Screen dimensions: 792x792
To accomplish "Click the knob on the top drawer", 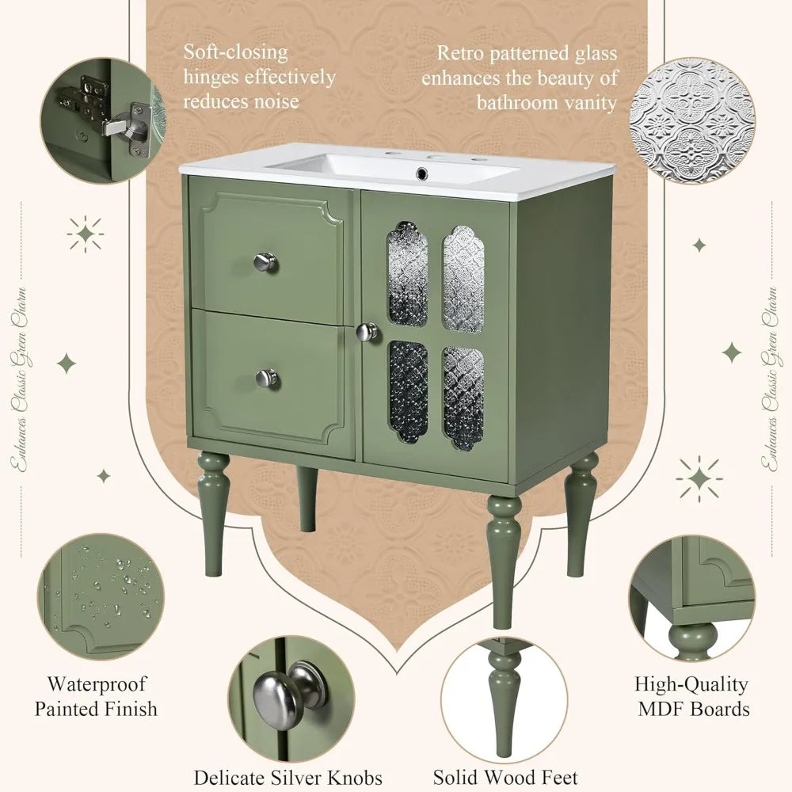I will (x=266, y=261).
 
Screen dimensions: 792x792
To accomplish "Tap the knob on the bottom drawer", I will (x=267, y=378).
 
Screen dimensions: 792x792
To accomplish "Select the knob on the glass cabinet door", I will (x=367, y=332).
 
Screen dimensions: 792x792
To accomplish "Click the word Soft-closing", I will (x=236, y=53).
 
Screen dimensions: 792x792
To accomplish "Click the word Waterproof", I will (x=97, y=683).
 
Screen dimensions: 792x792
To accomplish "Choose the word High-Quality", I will (x=691, y=683).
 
